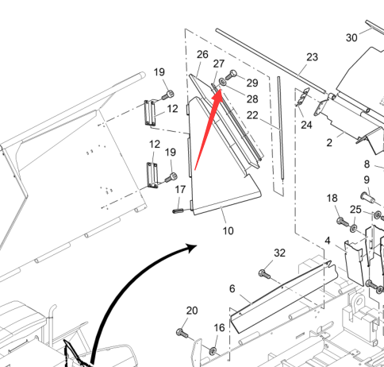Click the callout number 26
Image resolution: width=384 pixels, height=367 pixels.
pyautogui.click(x=202, y=54)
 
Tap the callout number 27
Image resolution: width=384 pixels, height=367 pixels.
pyautogui.click(x=219, y=64)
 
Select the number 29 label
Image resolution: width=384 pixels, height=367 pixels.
pyautogui.click(x=252, y=83)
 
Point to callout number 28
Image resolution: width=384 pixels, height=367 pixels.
pyautogui.click(x=252, y=99)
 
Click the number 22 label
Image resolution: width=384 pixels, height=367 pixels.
pyautogui.click(x=252, y=115)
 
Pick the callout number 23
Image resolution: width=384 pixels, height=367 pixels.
pyautogui.click(x=313, y=57)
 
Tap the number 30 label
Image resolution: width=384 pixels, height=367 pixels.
pyautogui.click(x=351, y=37)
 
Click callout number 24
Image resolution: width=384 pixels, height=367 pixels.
pyautogui.click(x=306, y=125)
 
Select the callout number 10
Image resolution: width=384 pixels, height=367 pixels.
pyautogui.click(x=228, y=231)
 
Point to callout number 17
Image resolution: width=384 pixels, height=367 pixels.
pyautogui.click(x=180, y=189)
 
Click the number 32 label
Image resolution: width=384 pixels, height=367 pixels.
pyautogui.click(x=279, y=253)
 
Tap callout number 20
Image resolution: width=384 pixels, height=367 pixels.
pyautogui.click(x=192, y=311)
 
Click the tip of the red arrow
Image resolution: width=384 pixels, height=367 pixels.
pyautogui.click(x=221, y=89)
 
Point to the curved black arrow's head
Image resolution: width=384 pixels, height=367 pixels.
pyautogui.click(x=191, y=248)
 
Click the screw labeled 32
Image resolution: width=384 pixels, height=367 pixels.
pyautogui.click(x=265, y=274)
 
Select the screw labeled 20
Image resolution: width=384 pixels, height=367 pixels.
pyautogui.click(x=182, y=333)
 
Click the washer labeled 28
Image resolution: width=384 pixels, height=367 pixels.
pyautogui.click(x=223, y=82)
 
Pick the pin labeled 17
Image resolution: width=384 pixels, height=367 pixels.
pyautogui.click(x=179, y=211)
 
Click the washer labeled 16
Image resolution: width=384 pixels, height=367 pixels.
pyautogui.click(x=213, y=351)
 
